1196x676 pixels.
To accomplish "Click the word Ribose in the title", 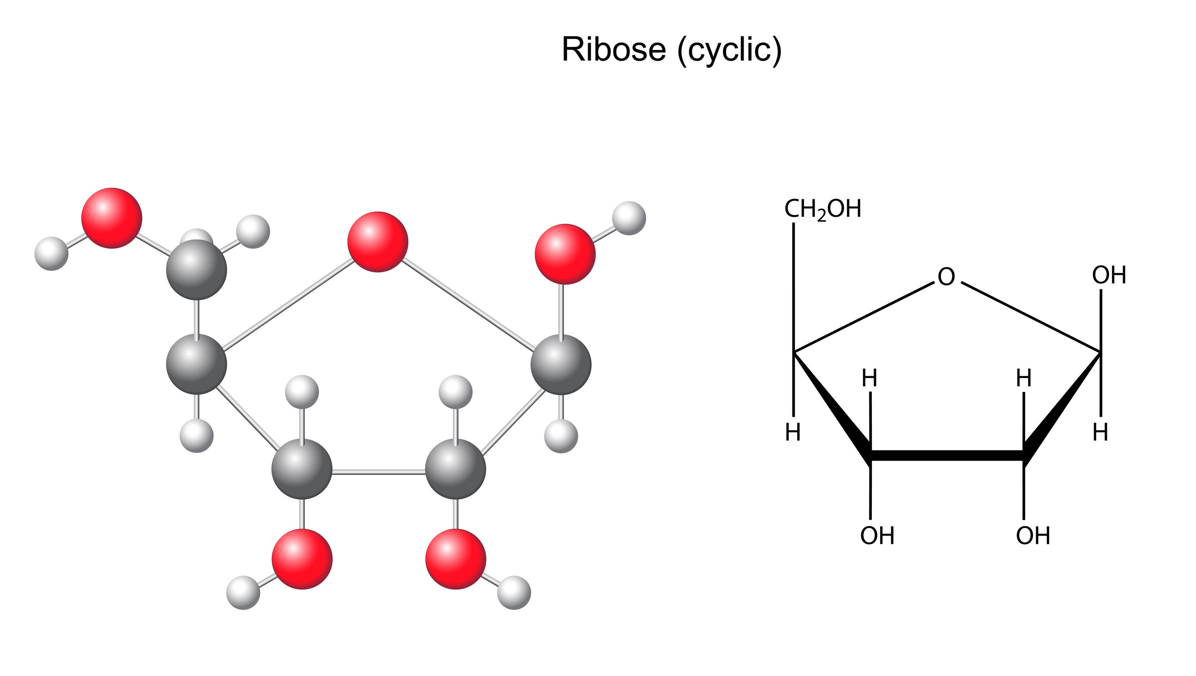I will point(614,49).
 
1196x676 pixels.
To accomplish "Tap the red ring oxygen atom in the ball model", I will point(378,242).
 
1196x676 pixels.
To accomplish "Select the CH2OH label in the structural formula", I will point(823,209).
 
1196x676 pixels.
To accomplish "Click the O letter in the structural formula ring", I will point(946,277).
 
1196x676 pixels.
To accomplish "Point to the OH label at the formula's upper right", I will point(1109,275).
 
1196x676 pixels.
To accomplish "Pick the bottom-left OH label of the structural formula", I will point(877,536).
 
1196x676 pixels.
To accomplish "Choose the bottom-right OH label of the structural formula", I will point(1033,536).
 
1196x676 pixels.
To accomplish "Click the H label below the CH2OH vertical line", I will point(793,433).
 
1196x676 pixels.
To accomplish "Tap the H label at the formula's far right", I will point(1100,433).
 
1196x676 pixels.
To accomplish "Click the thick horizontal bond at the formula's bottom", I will point(947,456).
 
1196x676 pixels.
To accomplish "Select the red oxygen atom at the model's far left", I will point(112,218).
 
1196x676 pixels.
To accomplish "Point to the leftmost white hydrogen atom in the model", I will point(51,254).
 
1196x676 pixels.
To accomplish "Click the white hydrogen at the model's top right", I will point(629,218).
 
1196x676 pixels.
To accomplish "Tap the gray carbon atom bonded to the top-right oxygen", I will point(561,364).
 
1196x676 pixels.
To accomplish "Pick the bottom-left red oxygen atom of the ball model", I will point(302,559).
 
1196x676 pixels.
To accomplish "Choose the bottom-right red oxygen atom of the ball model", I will point(455,559).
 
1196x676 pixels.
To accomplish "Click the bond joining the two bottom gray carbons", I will point(379,473).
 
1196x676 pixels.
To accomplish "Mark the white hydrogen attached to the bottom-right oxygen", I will point(514,593).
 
